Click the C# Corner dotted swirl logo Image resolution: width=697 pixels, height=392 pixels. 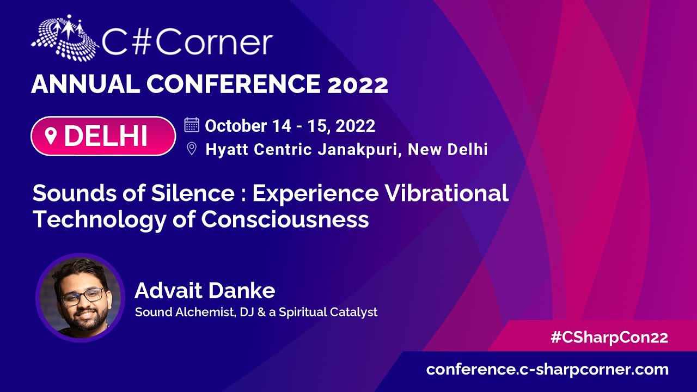tap(65, 38)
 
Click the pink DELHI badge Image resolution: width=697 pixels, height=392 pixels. tap(103, 136)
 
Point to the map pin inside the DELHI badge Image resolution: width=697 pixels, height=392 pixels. tap(51, 136)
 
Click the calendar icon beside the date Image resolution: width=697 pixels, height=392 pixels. tap(192, 125)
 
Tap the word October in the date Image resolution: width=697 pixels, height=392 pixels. tap(236, 126)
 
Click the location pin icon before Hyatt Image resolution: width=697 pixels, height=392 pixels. tap(192, 149)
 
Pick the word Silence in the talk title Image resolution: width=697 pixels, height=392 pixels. tap(193, 193)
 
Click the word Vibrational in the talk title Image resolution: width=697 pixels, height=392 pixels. tap(447, 193)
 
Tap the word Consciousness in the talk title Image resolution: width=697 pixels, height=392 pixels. tap(285, 219)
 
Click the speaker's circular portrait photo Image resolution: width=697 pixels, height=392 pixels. tap(80, 298)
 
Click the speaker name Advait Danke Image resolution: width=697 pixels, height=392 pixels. tap(205, 291)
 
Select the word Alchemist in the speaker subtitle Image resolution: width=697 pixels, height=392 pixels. tap(205, 312)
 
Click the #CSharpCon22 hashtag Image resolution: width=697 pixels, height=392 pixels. tap(609, 338)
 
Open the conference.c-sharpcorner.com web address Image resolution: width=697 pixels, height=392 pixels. tap(547, 370)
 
